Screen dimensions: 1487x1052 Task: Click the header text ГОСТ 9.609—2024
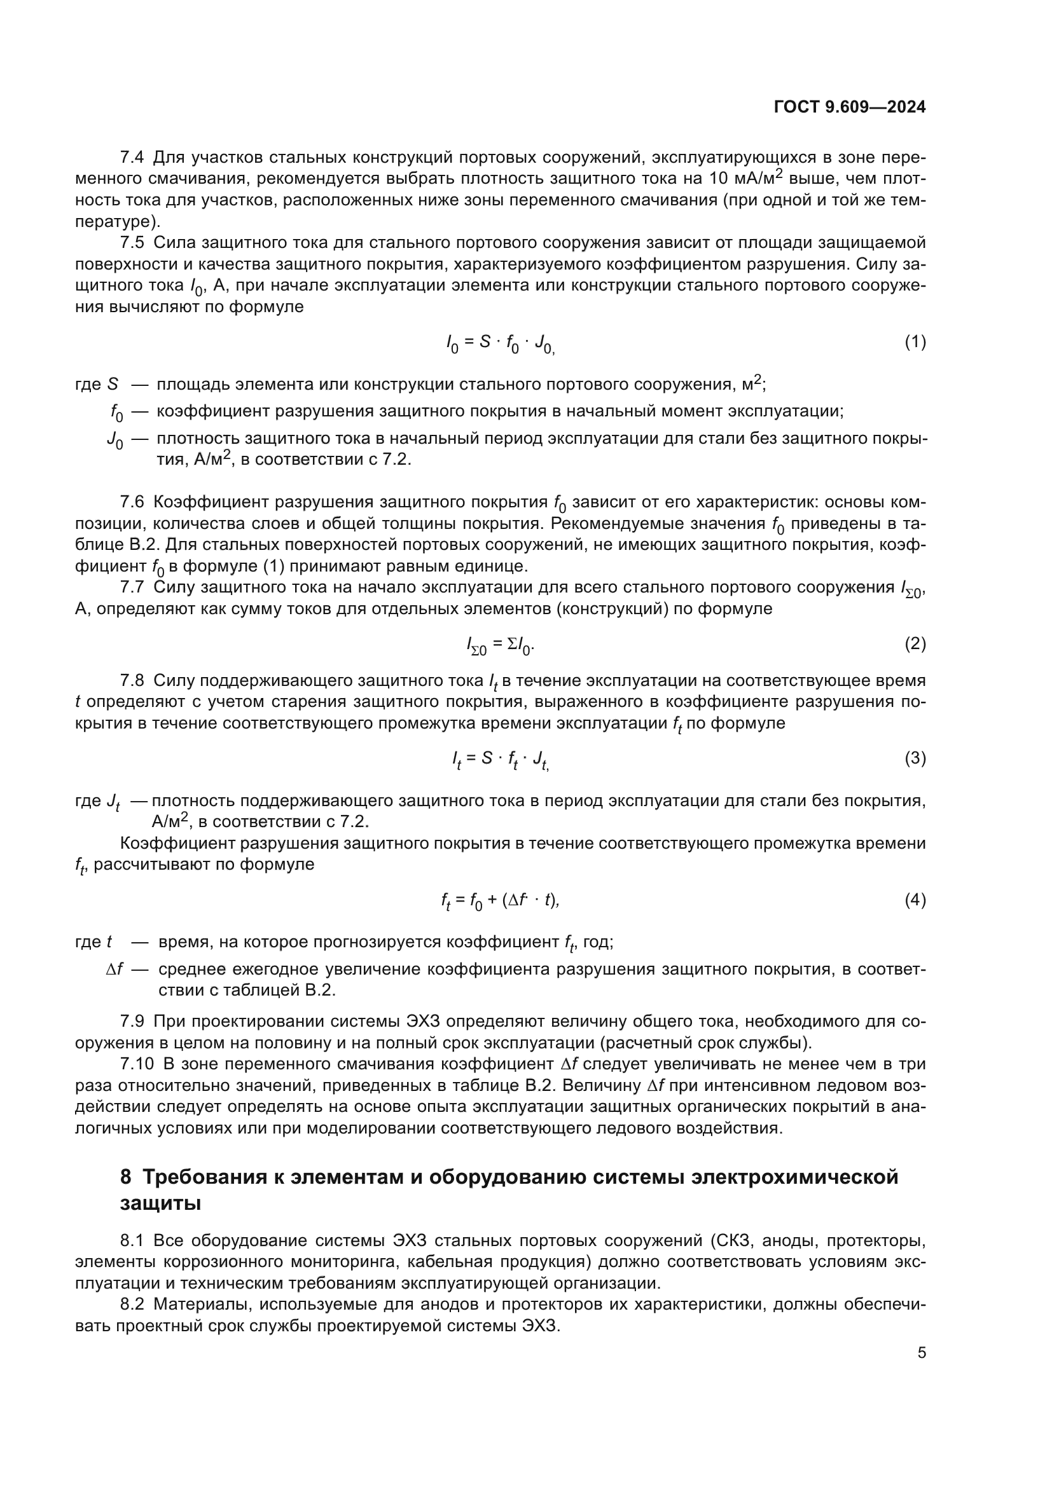[849, 107]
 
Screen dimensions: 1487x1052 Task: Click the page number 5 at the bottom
[921, 1352]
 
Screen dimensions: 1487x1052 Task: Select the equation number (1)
[915, 342]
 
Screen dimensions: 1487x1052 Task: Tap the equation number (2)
[915, 644]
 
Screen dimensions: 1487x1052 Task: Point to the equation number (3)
[915, 758]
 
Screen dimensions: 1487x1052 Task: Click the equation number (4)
[915, 900]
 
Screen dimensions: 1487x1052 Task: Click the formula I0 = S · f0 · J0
[500, 343]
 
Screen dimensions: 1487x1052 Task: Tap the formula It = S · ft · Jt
[500, 759]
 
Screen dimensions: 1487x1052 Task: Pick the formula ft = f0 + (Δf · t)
[500, 901]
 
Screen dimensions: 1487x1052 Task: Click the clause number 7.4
[132, 158]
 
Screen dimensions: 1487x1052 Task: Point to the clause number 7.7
[132, 587]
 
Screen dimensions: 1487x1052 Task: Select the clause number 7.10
[137, 1064]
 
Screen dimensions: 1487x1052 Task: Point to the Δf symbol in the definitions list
[114, 970]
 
